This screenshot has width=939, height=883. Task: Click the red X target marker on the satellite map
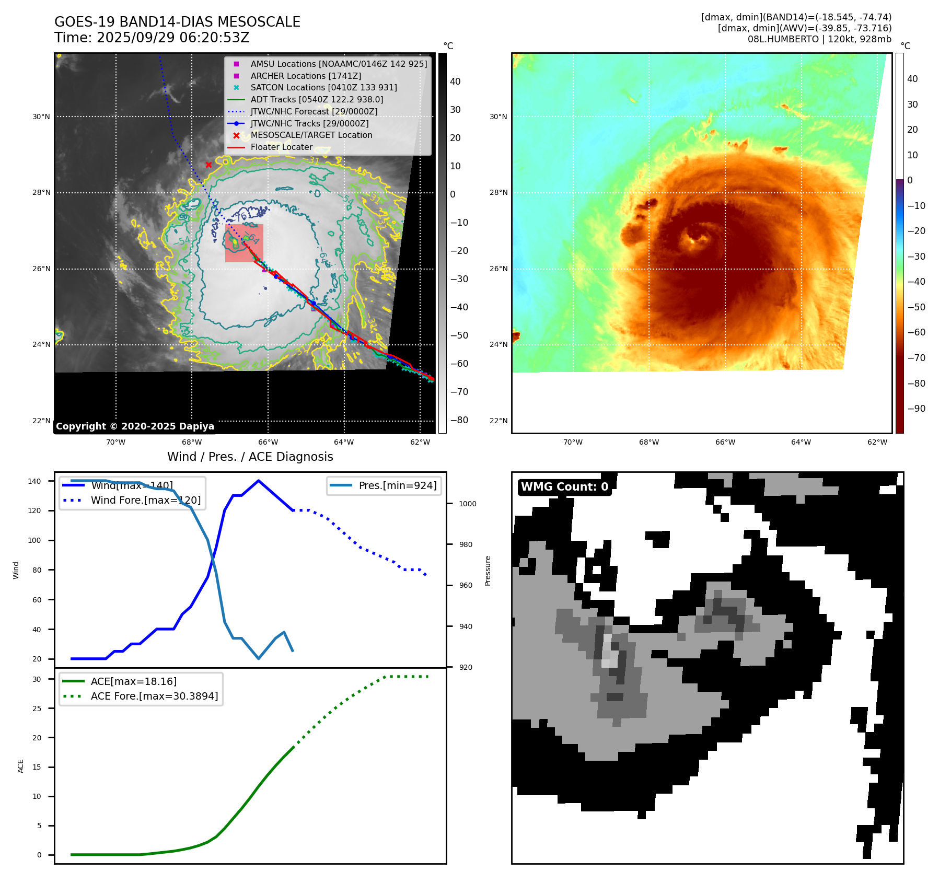point(208,165)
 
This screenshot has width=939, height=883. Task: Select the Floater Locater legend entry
point(281,147)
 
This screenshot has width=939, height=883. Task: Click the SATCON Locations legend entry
point(323,87)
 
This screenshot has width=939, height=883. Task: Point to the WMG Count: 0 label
point(564,487)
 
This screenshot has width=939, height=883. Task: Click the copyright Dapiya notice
point(135,426)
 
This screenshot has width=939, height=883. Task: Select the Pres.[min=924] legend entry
point(397,485)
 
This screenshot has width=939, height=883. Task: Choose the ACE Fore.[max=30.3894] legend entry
point(154,696)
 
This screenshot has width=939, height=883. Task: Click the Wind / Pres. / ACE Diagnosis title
point(250,457)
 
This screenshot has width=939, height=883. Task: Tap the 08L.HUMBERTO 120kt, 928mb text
point(819,39)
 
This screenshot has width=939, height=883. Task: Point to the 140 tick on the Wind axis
point(34,481)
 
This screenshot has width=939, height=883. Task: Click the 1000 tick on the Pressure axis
point(467,504)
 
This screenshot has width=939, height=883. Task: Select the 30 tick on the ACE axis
point(37,679)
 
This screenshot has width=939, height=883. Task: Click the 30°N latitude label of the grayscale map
point(41,117)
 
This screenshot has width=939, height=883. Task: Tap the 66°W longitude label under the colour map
point(725,442)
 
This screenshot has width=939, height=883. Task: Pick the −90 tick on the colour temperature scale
point(916,409)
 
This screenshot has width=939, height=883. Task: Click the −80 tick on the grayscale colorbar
point(459,420)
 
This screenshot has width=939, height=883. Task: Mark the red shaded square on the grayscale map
point(244,243)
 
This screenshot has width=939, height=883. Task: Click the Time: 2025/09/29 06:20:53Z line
point(152,38)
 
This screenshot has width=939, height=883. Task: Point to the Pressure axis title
point(488,571)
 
